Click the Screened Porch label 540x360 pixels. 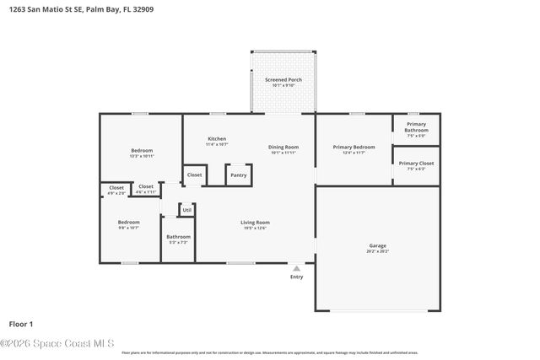[x=283, y=80]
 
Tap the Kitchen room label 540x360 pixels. [x=217, y=139]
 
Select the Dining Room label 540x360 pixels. [x=283, y=148]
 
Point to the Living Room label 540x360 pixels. [x=255, y=223]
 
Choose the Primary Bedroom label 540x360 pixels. [x=354, y=148]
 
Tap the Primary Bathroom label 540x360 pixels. [x=416, y=127]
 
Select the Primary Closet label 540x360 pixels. [x=416, y=164]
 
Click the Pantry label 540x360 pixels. [x=238, y=175]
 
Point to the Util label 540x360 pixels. [x=186, y=209]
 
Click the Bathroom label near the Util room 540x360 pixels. [x=178, y=237]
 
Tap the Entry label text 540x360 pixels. [x=296, y=277]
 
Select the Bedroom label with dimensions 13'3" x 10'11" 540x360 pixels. [x=141, y=151]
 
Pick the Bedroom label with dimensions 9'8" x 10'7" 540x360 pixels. [x=128, y=223]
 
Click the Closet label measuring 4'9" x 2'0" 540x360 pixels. [x=116, y=188]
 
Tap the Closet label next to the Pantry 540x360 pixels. [x=194, y=175]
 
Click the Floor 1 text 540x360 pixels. [x=21, y=324]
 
